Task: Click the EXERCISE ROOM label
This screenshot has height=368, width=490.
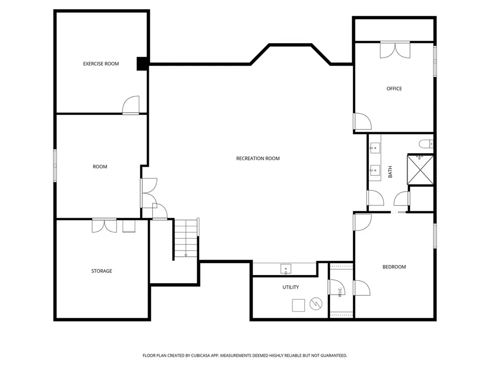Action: point(101,64)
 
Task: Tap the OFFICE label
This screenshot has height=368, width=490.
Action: point(394,89)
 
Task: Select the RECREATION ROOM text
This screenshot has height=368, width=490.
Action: point(258,159)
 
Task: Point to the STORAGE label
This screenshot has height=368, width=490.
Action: point(101,271)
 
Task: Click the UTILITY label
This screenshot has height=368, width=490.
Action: point(290,287)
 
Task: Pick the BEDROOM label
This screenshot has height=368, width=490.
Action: point(394,267)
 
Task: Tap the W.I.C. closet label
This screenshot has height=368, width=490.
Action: point(340,292)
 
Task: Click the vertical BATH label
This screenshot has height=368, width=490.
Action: point(390,172)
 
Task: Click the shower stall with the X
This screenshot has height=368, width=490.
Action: point(420,170)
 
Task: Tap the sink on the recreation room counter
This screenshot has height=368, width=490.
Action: point(286,269)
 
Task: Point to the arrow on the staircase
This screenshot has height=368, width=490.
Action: point(186,255)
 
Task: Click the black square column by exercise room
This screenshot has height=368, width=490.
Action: point(142,64)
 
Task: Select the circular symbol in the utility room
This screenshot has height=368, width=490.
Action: point(316,304)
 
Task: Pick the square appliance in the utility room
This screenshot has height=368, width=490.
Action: point(299,305)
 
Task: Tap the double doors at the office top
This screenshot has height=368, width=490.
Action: point(395,50)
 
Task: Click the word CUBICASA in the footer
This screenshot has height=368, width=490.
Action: point(201,356)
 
